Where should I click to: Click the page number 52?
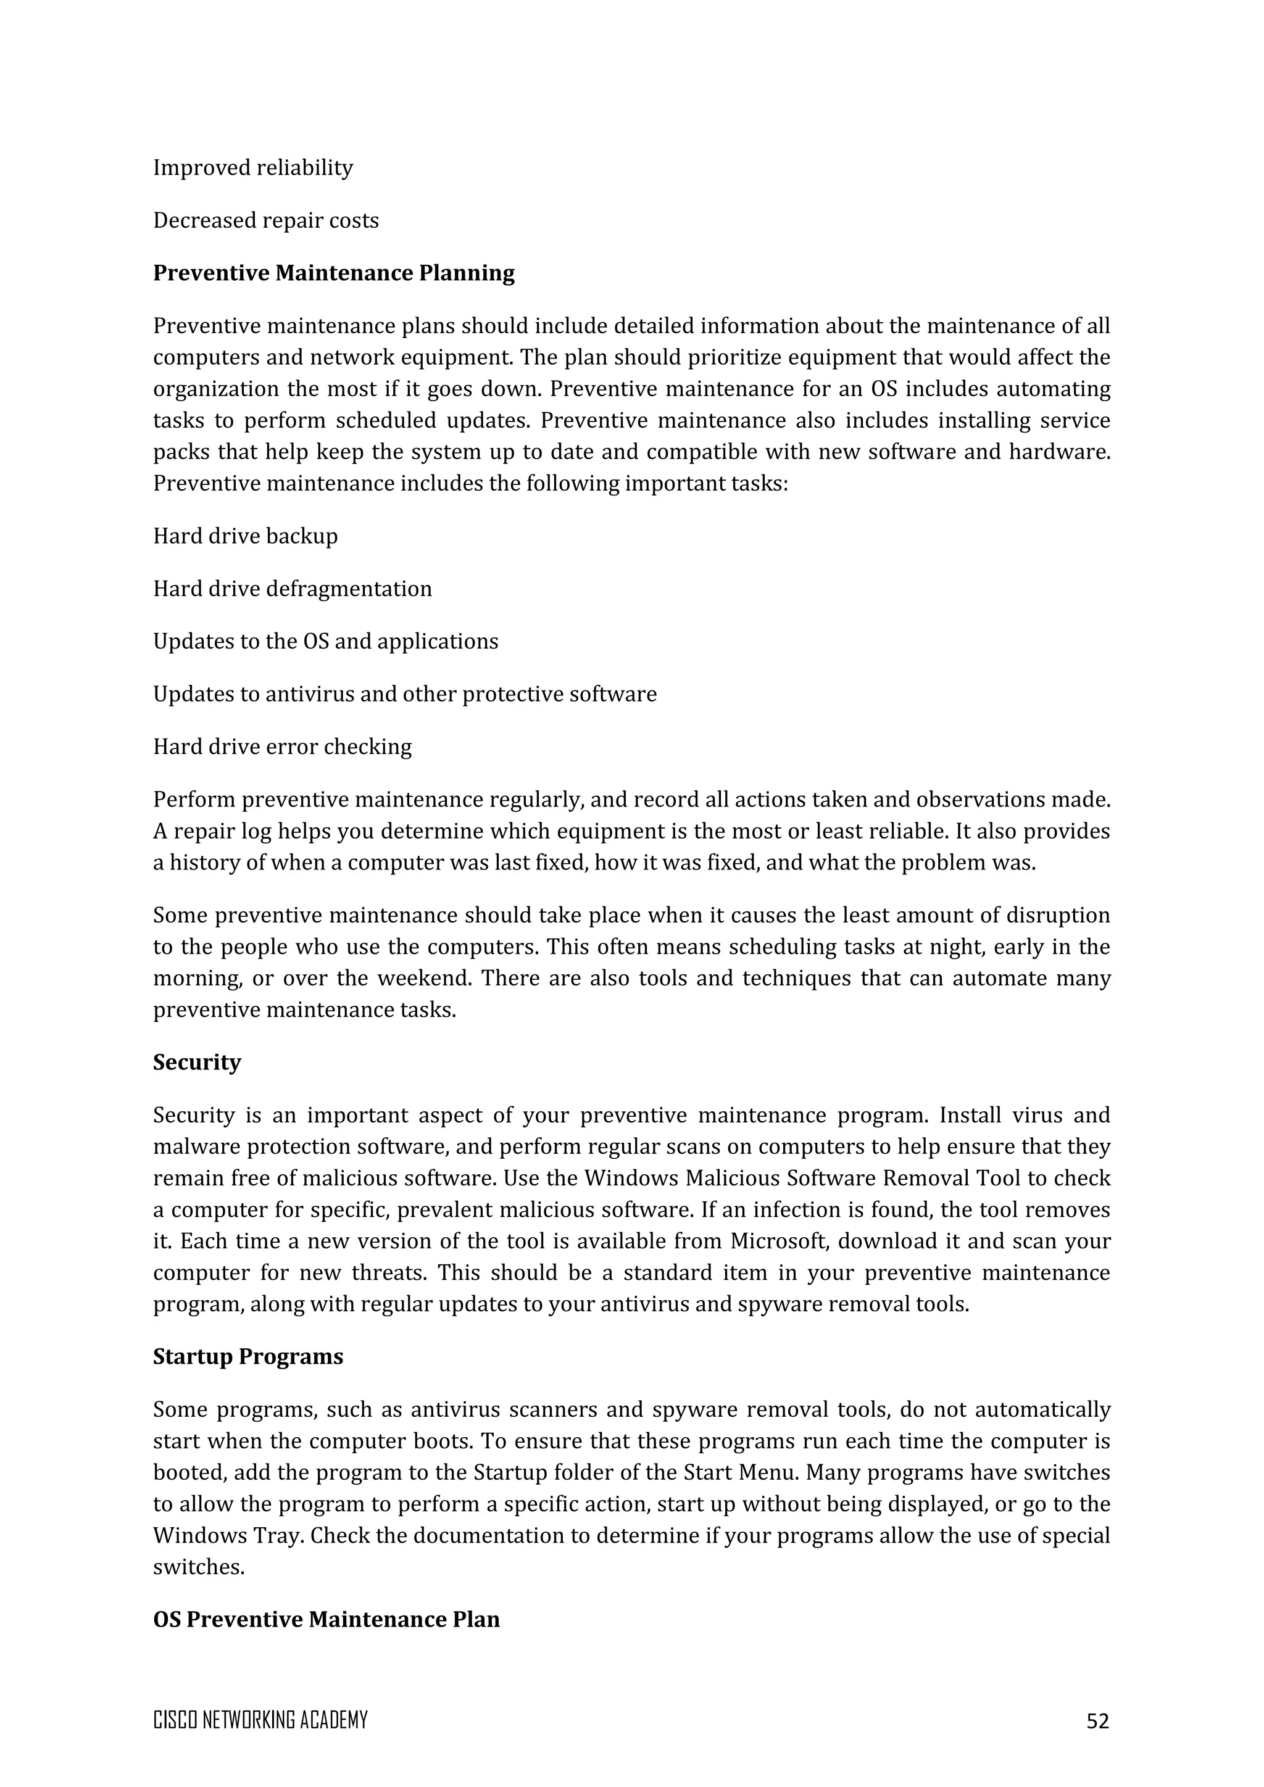1097,1721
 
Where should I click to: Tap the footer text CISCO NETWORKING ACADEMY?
260,1720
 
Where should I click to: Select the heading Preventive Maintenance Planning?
333,273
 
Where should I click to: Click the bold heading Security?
196,1063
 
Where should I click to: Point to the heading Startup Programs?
247,1356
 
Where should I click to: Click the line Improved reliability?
252,168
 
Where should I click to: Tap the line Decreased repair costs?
265,221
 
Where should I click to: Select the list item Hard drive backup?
245,536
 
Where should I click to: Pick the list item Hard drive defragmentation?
292,589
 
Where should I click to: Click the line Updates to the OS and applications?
325,641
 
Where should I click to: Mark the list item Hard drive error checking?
282,747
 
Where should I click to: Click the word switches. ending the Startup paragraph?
199,1567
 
